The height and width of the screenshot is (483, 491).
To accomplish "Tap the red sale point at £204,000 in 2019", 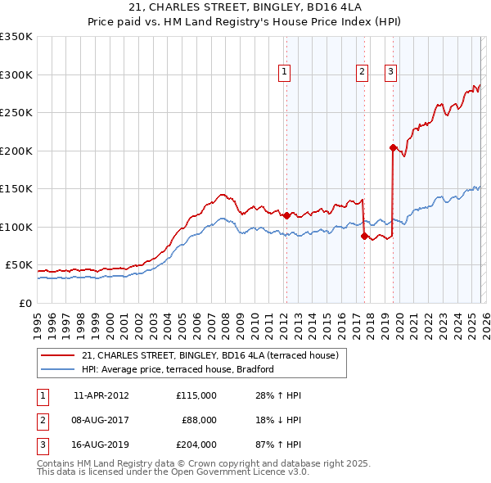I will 393,148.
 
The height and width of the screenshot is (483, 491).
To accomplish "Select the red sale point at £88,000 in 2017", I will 364,236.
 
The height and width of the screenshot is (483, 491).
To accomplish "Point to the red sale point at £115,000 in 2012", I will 286,215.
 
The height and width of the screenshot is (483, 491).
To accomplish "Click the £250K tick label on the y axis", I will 16,113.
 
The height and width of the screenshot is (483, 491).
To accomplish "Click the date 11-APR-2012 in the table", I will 101,395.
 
